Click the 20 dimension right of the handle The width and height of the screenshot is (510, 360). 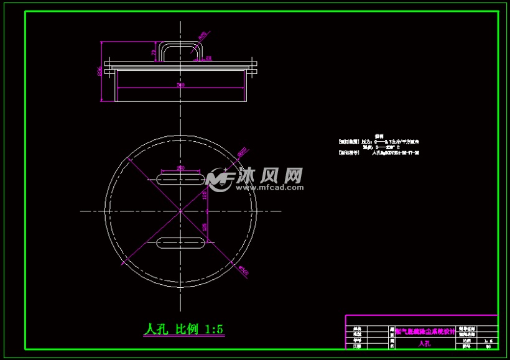208,58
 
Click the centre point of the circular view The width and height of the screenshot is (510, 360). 180,211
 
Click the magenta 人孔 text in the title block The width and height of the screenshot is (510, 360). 424,343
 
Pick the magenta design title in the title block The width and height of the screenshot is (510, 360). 424,331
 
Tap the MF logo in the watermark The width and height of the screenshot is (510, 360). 220,179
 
